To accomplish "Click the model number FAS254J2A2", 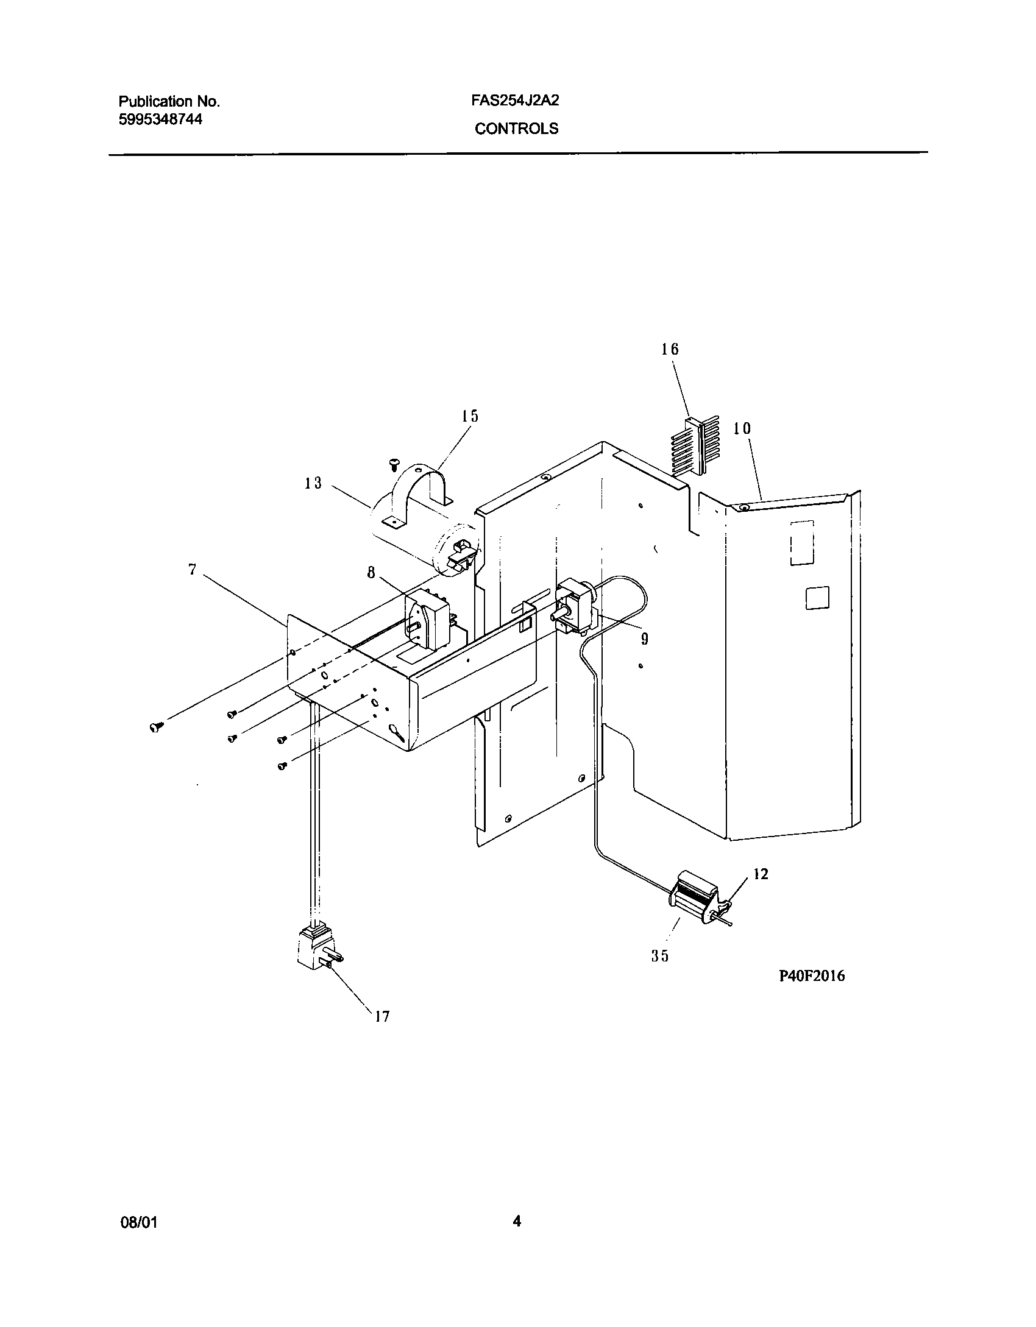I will [515, 101].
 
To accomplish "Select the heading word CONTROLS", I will [516, 129].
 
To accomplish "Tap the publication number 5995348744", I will [160, 119].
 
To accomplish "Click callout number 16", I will [670, 349].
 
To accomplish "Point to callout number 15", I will [469, 416].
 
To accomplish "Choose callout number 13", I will [313, 483].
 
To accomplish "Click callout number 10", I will [742, 428].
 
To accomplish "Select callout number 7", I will [193, 570].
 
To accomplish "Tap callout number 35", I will [660, 956].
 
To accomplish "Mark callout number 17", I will [381, 1016].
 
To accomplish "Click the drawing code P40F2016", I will [812, 975].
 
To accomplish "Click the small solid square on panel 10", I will [817, 598].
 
